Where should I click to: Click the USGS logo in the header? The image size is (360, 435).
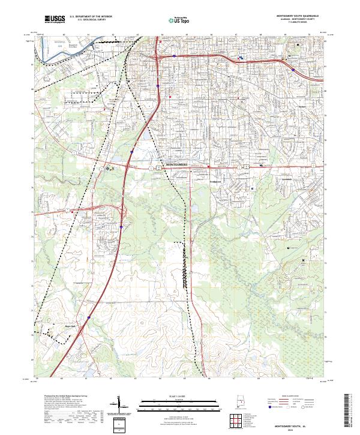[x=55, y=19]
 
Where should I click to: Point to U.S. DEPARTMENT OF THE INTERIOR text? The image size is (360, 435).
[x=90, y=17]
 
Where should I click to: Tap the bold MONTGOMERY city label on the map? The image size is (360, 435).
[x=176, y=164]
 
